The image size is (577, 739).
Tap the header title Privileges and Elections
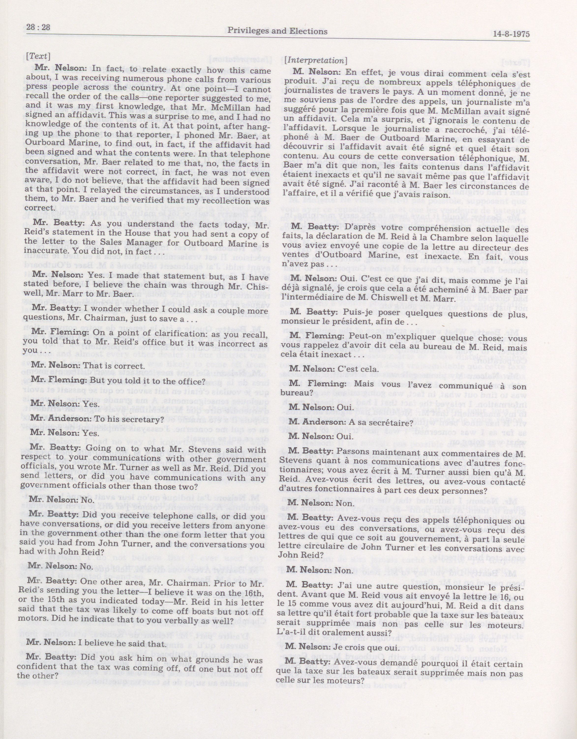point(278,31)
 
